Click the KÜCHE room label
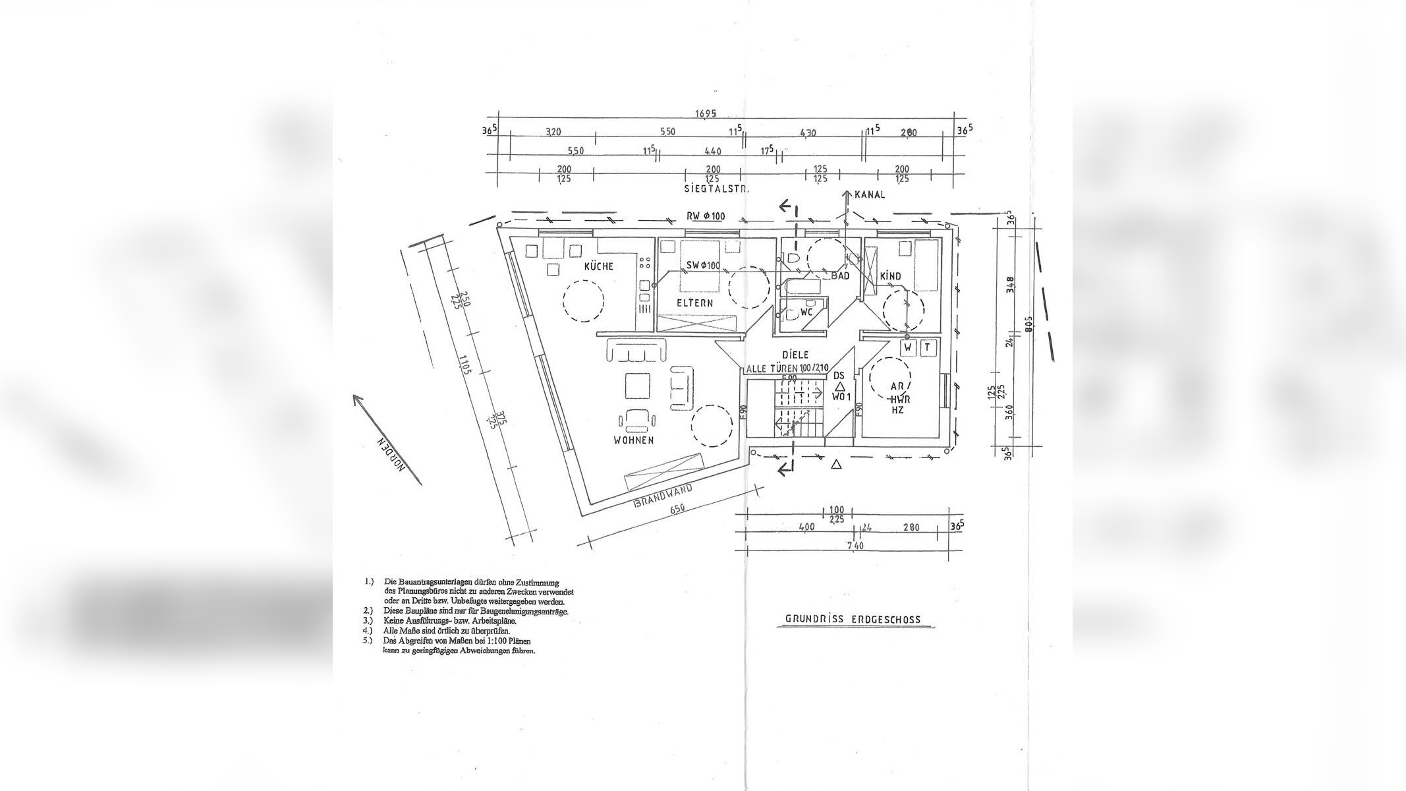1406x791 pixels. pyautogui.click(x=598, y=266)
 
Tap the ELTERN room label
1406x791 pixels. pyautogui.click(x=694, y=303)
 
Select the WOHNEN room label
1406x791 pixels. pyautogui.click(x=633, y=440)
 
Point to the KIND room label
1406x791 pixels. pyautogui.click(x=890, y=276)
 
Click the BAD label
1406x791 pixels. pyautogui.click(x=840, y=276)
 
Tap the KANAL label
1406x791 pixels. pyautogui.click(x=870, y=194)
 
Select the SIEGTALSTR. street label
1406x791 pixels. pyautogui.click(x=717, y=189)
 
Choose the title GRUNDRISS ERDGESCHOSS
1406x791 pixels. pyautogui.click(x=853, y=619)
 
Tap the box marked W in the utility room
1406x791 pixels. pyautogui.click(x=907, y=347)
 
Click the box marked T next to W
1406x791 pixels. pyautogui.click(x=927, y=347)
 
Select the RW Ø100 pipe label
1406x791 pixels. pyautogui.click(x=705, y=216)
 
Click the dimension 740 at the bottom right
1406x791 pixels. pyautogui.click(x=855, y=545)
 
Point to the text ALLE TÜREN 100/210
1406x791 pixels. pyautogui.click(x=787, y=368)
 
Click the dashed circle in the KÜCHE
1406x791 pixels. pyautogui.click(x=583, y=301)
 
